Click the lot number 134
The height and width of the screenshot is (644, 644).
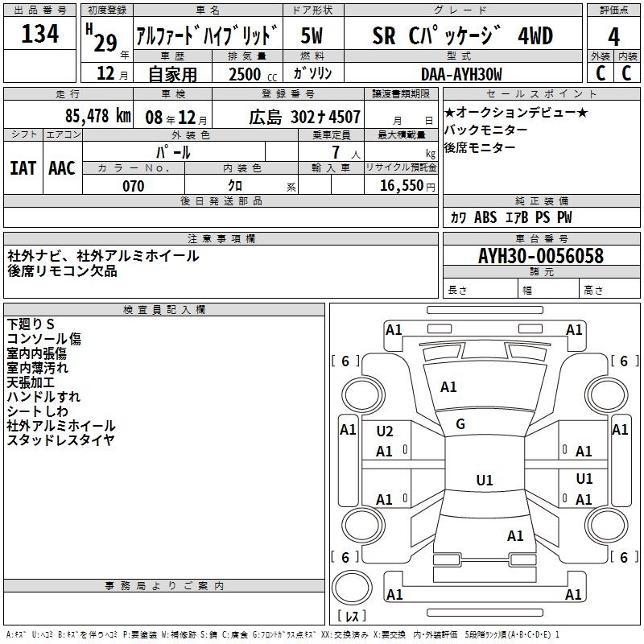coord(39,35)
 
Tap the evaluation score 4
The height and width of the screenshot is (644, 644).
coord(613,36)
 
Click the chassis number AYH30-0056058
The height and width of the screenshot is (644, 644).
coord(540,256)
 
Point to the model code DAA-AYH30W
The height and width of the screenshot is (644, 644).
coord(461,74)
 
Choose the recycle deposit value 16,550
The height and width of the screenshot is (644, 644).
coord(402,186)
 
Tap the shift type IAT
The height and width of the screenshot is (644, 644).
coord(23,167)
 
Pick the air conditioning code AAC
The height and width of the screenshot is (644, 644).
coord(62,167)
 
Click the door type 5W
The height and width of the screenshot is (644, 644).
coord(312,36)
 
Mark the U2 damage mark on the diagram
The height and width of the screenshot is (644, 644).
coord(385,431)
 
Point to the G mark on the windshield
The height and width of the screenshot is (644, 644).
coord(460,424)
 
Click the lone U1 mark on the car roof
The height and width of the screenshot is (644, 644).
coord(484,481)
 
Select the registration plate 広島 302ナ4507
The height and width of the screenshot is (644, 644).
coord(304,118)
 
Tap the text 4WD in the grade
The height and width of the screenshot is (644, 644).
coord(535,36)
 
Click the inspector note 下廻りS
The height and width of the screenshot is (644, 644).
coord(31,324)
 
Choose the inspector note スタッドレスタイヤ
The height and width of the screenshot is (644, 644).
coord(60,440)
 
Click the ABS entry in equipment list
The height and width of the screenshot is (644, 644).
coord(485,217)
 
